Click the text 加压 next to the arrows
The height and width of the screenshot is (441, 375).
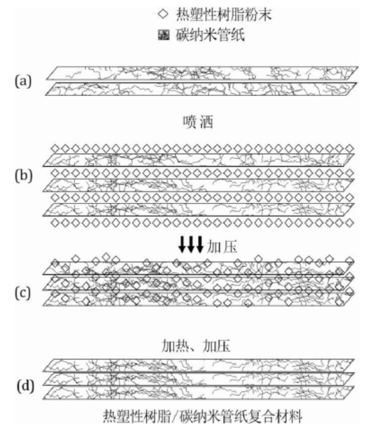[218, 246]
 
